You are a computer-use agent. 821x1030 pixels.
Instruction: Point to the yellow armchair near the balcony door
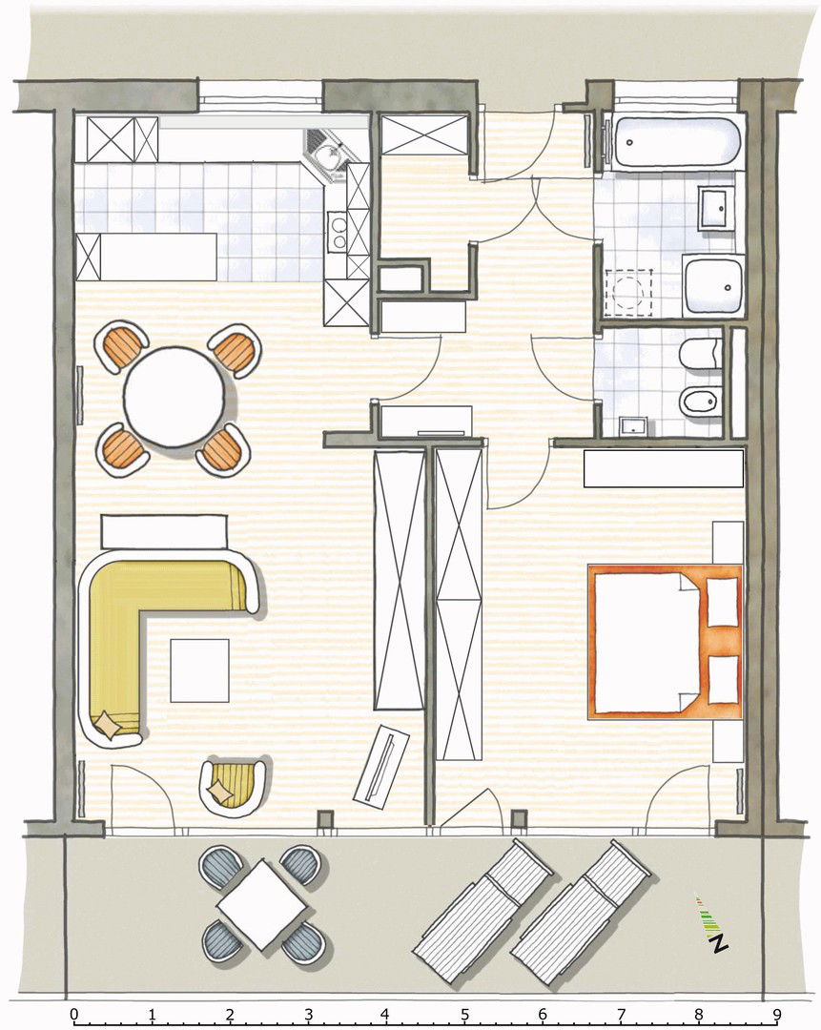point(234,787)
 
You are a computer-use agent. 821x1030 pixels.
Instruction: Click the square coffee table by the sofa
point(200,670)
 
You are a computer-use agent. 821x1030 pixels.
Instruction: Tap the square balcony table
point(262,905)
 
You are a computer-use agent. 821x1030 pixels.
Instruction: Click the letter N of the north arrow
point(719,943)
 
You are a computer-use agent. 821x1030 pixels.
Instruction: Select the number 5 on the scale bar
point(464,1015)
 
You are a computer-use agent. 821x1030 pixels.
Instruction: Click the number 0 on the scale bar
point(74,1015)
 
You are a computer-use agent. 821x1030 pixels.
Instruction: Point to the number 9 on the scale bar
point(777,1015)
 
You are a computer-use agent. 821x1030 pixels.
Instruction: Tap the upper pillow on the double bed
point(723,602)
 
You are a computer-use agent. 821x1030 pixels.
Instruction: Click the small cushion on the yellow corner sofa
point(107,726)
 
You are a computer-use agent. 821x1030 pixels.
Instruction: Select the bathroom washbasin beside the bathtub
point(716,208)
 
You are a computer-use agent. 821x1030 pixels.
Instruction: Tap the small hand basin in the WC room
point(635,426)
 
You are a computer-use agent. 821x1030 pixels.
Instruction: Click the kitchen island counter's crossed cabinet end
point(89,257)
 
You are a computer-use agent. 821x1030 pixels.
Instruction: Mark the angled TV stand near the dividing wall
point(381,767)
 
